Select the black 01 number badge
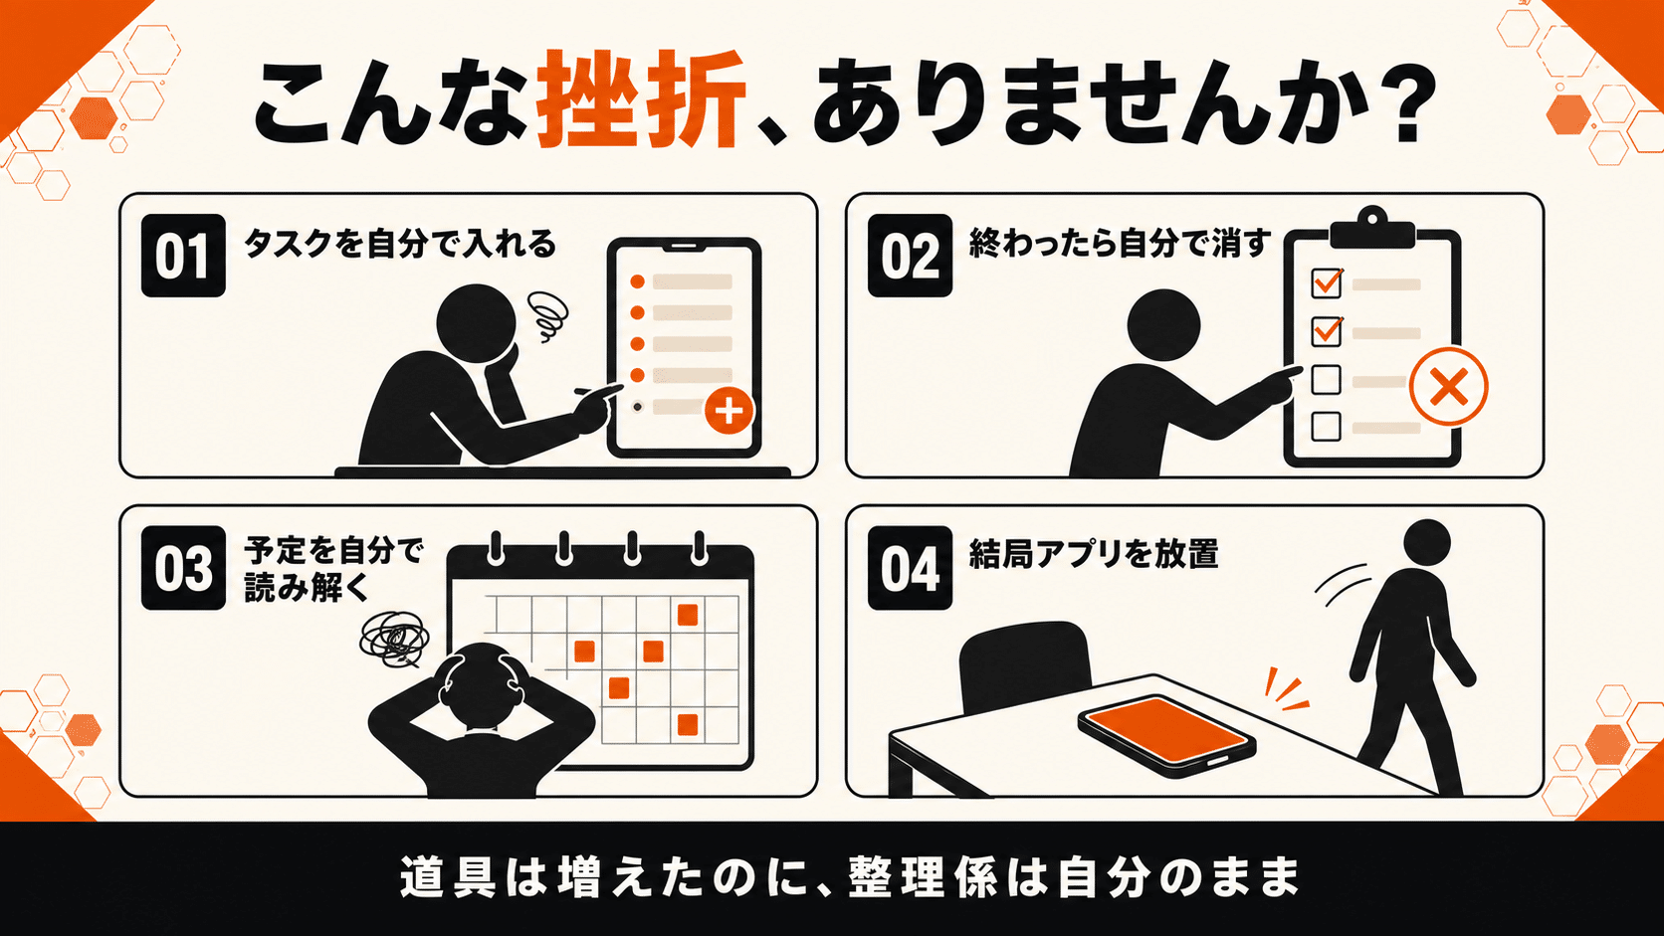183,256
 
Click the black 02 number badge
910,256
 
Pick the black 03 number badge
183,568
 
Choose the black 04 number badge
910,568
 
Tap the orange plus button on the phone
728,411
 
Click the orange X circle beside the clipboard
1449,387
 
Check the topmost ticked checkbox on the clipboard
1327,282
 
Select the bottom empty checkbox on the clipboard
1326,427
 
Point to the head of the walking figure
1426,543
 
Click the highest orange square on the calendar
687,615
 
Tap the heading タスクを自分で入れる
400,245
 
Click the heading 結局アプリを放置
1094,554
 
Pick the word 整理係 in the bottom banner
920,877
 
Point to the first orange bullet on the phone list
637,282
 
